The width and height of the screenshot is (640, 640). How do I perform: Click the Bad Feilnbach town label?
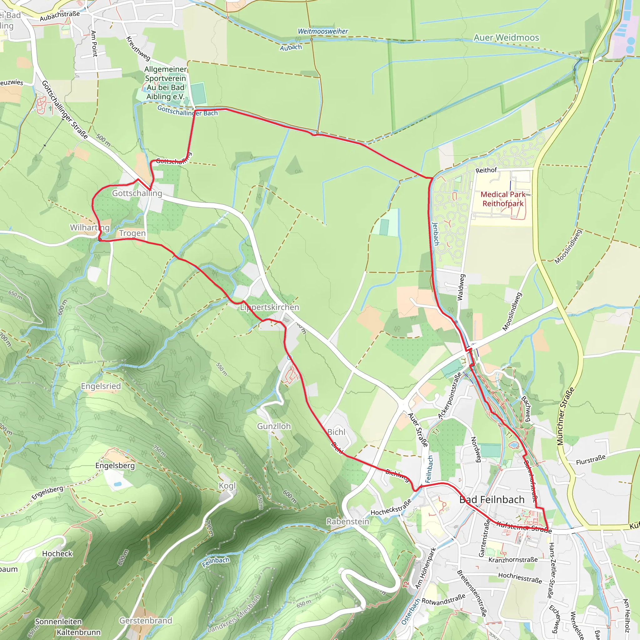(492, 500)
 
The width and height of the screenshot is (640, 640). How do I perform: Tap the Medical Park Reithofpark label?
(502, 199)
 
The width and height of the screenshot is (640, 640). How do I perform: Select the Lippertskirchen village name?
(269, 307)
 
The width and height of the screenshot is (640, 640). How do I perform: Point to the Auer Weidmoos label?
(506, 38)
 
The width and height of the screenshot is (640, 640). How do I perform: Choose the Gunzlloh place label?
(274, 426)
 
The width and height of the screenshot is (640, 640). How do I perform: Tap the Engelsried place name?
(101, 386)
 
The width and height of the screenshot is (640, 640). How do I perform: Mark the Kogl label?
(227, 486)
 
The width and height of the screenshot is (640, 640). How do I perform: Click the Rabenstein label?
(347, 522)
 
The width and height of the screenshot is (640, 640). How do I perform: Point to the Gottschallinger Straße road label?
(65, 110)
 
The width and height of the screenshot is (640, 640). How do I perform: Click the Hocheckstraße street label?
(391, 507)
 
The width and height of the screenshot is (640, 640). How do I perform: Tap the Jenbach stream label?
(436, 234)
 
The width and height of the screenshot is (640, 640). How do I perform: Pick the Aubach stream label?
(291, 48)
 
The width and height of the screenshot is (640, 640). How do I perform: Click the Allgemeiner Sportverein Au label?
(165, 83)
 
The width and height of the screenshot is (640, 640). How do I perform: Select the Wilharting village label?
(89, 227)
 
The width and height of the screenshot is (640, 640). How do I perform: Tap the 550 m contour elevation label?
(221, 369)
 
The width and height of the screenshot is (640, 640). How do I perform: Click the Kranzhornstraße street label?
(513, 560)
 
